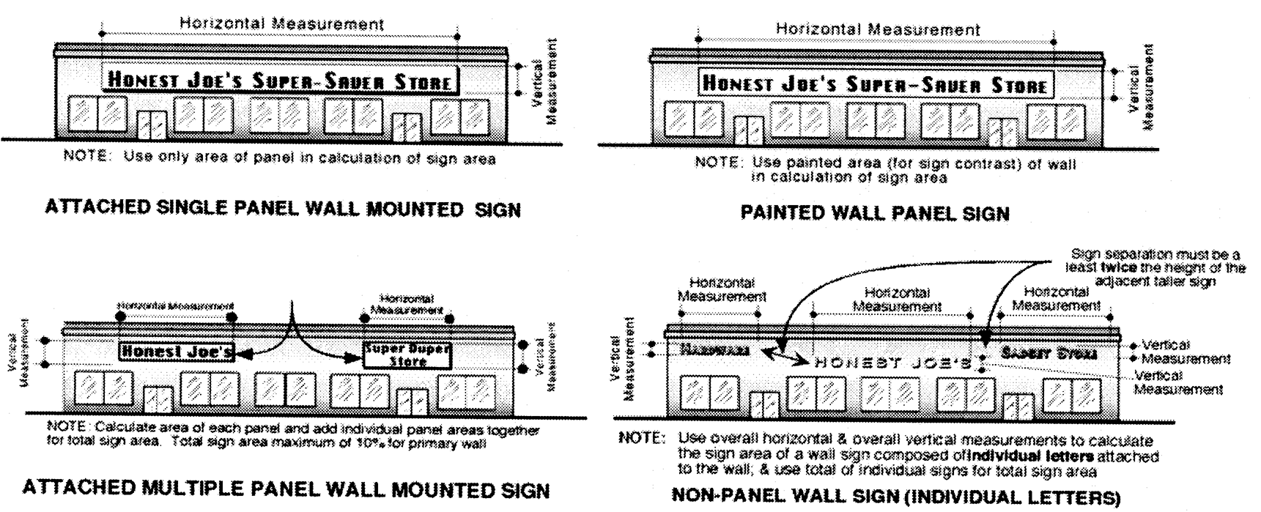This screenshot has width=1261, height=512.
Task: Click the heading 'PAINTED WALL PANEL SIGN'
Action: click(875, 214)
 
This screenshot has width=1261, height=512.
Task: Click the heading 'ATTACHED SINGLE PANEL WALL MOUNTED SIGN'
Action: click(283, 209)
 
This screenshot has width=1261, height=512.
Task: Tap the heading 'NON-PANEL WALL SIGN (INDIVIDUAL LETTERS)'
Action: click(895, 498)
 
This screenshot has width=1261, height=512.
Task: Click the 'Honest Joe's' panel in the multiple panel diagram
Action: click(177, 352)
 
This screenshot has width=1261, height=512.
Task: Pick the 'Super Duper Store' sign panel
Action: click(407, 355)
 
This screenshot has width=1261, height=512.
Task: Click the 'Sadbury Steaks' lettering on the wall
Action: click(1049, 353)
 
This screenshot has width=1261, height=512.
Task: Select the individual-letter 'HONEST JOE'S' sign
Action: click(894, 362)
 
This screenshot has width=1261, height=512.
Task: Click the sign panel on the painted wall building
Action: click(875, 84)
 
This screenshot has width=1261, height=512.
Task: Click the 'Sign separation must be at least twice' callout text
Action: click(1158, 267)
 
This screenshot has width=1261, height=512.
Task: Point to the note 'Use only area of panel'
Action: click(280, 158)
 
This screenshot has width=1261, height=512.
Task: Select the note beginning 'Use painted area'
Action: click(885, 170)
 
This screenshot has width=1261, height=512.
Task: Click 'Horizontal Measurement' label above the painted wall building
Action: click(878, 29)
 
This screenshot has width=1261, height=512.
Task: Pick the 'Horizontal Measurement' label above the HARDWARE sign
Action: click(722, 289)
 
